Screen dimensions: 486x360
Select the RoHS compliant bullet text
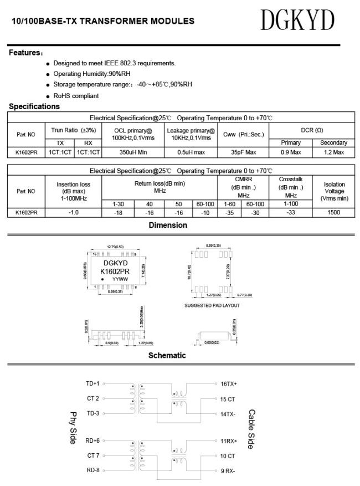tap(76, 96)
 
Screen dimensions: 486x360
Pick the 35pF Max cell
tap(243, 152)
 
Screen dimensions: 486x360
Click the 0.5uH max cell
tap(191, 152)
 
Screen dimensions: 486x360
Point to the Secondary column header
tap(333, 143)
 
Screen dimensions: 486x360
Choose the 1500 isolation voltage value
tap(334, 212)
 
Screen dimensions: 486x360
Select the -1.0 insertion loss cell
tap(74, 212)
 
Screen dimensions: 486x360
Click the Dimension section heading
tap(168, 225)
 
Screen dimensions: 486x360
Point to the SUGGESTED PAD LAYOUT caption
tap(212, 305)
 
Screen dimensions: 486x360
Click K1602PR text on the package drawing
tap(115, 271)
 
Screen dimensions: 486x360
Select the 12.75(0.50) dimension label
tap(115, 247)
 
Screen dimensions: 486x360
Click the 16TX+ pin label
tap(229, 383)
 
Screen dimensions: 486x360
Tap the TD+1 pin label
tap(92, 383)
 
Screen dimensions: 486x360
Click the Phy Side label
tap(73, 427)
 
